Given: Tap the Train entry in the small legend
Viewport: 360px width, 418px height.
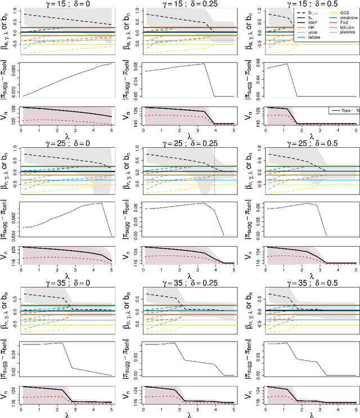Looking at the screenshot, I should click(x=339, y=111).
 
